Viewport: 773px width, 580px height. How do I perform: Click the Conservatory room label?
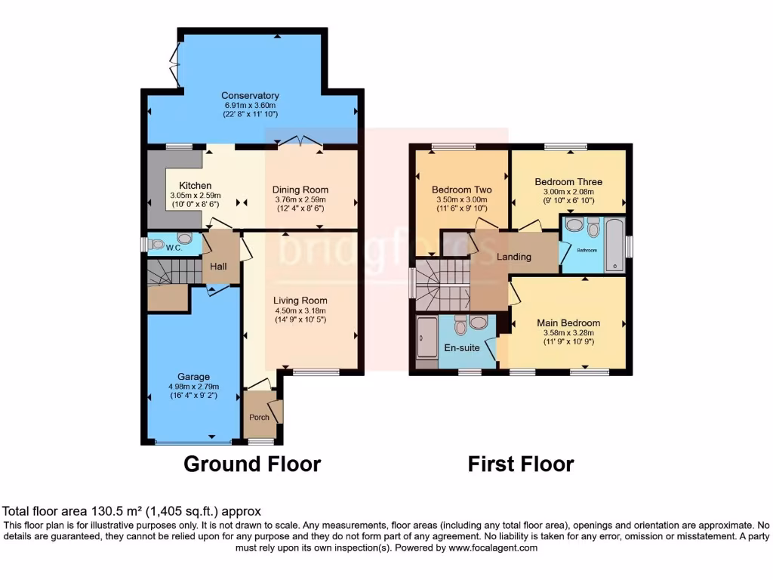[x=250, y=96]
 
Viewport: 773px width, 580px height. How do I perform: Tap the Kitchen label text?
[x=195, y=186]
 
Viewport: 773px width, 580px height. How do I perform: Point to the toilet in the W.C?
[x=156, y=245]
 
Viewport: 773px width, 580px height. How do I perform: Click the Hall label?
[x=218, y=266]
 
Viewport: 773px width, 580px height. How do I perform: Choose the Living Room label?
[x=300, y=300]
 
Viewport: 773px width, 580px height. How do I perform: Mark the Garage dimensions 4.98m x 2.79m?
[x=193, y=387]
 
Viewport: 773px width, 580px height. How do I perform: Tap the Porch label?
[x=259, y=418]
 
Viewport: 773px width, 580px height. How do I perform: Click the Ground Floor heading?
[x=252, y=463]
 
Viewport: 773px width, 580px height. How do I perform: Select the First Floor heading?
[x=520, y=463]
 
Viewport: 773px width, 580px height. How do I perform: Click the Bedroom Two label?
[x=461, y=190]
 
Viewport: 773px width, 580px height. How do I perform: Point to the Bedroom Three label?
[x=568, y=182]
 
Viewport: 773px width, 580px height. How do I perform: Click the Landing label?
[x=513, y=257]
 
